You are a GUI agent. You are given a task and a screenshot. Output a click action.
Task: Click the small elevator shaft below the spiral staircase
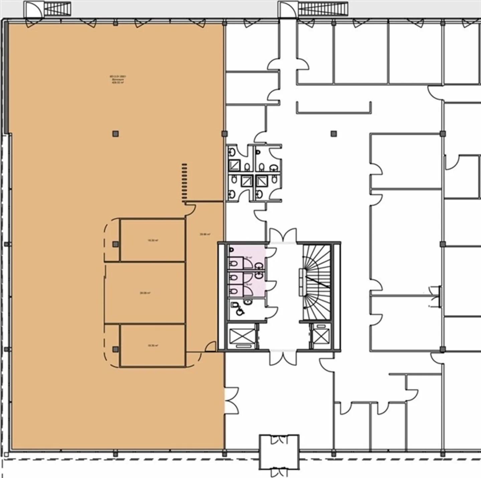321,336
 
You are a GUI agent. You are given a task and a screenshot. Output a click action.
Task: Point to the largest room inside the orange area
145,293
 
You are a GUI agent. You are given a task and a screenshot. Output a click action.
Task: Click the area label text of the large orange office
118,79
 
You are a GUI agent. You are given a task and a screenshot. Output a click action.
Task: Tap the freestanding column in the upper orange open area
115,134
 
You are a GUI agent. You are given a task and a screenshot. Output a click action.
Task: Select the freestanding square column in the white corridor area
333,134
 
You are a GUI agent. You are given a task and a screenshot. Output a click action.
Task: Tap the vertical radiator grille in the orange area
184,182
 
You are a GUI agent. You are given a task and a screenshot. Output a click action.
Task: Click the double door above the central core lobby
283,235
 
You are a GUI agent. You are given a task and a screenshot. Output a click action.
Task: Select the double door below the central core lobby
283,358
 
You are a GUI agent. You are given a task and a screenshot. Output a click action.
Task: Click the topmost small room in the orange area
152,240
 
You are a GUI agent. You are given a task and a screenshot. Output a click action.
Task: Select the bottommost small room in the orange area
152,346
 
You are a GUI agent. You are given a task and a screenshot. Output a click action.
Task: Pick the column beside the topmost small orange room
115,244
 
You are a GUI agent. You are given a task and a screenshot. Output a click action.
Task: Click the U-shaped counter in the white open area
334,110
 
